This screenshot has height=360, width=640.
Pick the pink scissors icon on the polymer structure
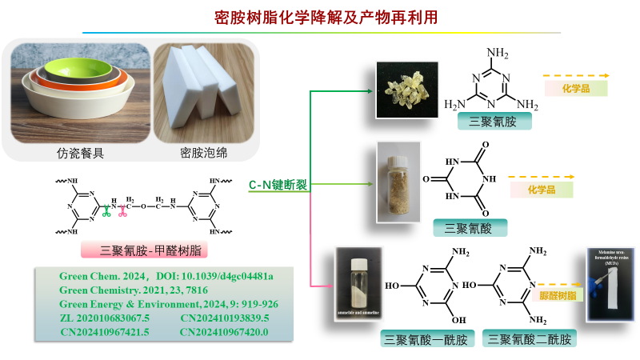pyautogui.click(x=123, y=211)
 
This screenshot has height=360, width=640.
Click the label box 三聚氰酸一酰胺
pyautogui.click(x=427, y=338)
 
